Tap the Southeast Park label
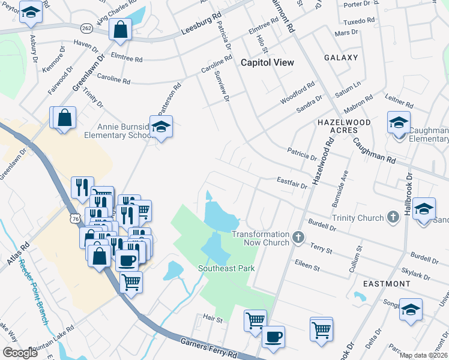(x=227, y=268)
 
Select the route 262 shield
(x=86, y=28)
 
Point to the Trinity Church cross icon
(x=393, y=217)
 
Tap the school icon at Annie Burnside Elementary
(x=160, y=126)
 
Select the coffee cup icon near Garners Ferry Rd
(x=274, y=336)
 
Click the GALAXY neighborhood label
(x=341, y=58)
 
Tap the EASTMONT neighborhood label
(x=386, y=283)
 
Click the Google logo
(x=20, y=352)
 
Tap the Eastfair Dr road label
(x=292, y=182)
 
